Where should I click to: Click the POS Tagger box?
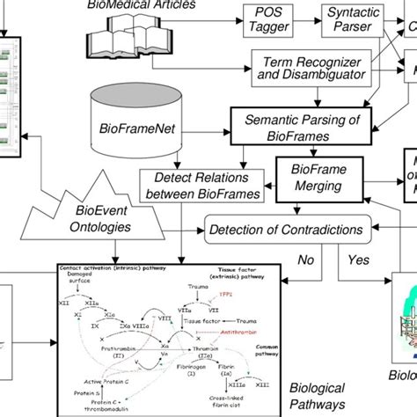point(268,20)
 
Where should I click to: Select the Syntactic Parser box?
point(347,20)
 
